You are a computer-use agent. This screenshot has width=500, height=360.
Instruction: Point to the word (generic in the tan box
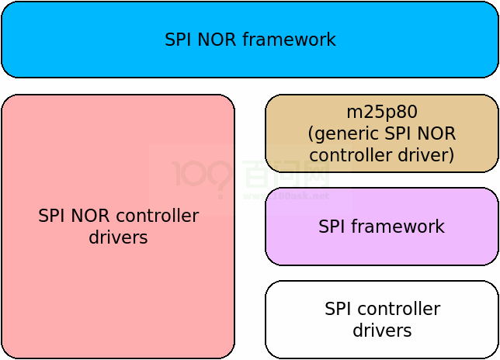pos(341,133)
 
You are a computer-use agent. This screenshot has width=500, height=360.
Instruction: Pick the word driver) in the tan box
pos(425,155)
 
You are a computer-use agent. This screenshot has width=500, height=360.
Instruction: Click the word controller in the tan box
pos(352,155)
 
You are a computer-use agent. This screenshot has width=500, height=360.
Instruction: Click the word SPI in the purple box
pos(332,227)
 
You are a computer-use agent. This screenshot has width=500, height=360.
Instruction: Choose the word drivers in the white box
pos(382,331)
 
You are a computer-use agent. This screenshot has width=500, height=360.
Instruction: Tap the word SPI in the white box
pos(338,309)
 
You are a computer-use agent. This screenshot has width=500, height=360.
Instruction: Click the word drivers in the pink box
pos(118,237)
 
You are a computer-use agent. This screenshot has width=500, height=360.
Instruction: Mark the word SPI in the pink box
pos(52,216)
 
